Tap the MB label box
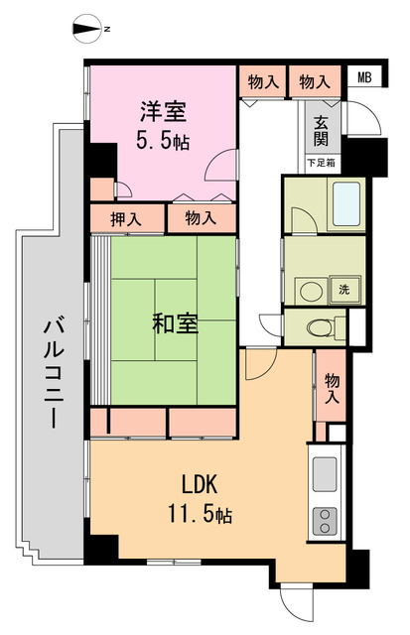coord(364,77)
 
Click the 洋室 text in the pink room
coord(164,110)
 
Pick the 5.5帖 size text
coord(164,140)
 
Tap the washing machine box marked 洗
coord(343,290)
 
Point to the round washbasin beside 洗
coord(311,290)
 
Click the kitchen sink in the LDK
coord(325,474)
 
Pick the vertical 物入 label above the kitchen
coord(332,387)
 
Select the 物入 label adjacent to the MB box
coord(314,80)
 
